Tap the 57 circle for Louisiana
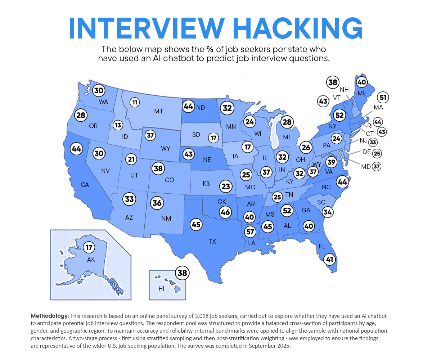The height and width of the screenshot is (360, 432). [x=250, y=231]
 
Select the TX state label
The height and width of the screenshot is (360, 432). [x=212, y=242]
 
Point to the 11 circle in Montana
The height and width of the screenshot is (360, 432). [x=135, y=102]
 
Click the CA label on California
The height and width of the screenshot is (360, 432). [x=85, y=185]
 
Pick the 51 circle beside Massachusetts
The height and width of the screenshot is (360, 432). [x=383, y=98]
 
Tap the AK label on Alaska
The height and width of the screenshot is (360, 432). [x=91, y=259]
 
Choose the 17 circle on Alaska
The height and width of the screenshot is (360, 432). [x=89, y=248]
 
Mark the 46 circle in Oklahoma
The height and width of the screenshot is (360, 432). [x=225, y=212]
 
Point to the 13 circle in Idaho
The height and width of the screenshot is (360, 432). [x=118, y=125]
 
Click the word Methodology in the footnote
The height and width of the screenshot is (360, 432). [x=50, y=316]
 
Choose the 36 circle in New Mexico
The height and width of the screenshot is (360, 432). [x=157, y=203]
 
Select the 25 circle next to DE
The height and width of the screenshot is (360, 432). [x=377, y=153]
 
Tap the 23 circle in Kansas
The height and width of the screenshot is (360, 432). [x=226, y=186]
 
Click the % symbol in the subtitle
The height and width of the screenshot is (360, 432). [x=210, y=49]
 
